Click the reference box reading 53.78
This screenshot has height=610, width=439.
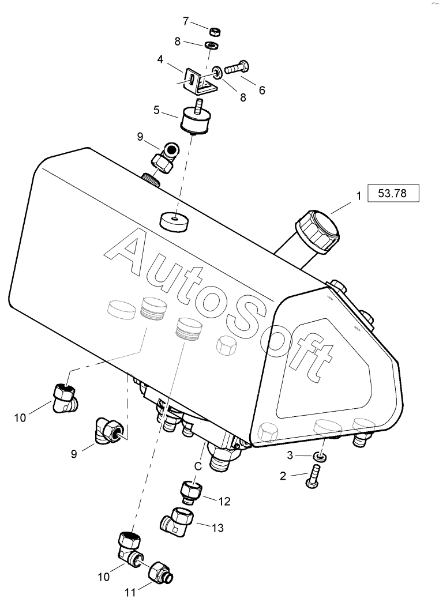click(392, 193)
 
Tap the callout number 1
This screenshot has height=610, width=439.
click(358, 196)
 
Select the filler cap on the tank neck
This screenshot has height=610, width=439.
click(317, 231)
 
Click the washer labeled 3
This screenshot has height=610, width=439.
click(320, 457)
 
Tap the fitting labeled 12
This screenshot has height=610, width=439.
click(191, 492)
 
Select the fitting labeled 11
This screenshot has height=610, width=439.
click(159, 573)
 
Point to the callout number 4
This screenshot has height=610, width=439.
click(160, 59)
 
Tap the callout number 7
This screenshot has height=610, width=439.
click(186, 21)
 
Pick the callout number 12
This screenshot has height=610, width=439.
click(224, 502)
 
